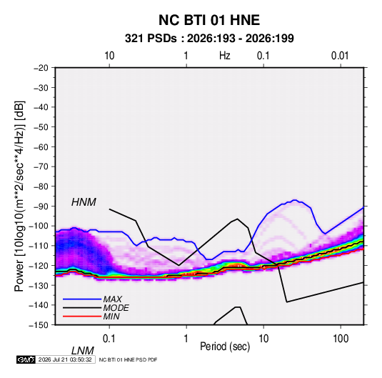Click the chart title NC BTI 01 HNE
point(209,20)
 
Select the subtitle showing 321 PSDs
point(209,39)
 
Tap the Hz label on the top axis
point(225,56)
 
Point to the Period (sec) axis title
point(225,346)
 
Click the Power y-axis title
point(19,197)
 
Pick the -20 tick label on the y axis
point(41,68)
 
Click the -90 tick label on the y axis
point(41,207)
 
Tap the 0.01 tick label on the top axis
point(340,56)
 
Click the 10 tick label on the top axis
point(109,56)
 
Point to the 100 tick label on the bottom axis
point(341,339)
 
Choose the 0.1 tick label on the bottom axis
point(109,339)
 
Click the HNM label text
point(84,202)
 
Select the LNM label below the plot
point(83,351)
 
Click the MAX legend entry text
point(113,299)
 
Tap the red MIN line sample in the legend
point(82,317)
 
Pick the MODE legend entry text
point(116,308)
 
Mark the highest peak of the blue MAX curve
point(295,200)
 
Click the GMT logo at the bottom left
point(26,359)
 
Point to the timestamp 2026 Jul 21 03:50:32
point(65,359)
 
